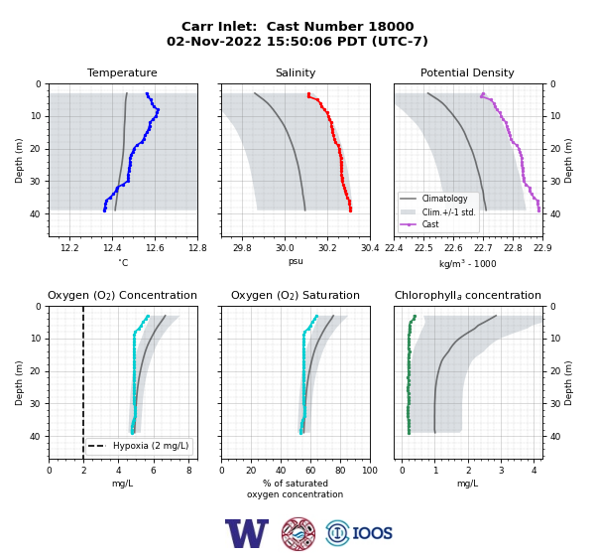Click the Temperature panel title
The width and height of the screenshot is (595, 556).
[122, 72]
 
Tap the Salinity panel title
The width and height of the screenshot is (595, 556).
[296, 72]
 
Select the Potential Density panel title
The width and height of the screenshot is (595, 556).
[467, 72]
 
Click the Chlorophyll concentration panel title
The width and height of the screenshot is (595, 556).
[468, 295]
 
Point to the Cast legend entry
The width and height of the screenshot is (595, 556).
[430, 224]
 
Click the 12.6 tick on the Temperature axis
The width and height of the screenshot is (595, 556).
[155, 248]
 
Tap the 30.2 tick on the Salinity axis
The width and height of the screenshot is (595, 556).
[327, 248]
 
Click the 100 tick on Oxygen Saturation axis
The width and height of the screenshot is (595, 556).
[370, 471]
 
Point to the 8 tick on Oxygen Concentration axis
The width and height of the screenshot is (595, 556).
[189, 471]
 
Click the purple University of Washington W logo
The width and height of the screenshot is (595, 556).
[247, 533]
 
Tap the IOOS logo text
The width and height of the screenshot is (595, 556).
[372, 533]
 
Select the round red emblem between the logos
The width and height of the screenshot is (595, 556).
[298, 533]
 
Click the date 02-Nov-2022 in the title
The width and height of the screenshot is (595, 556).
[214, 41]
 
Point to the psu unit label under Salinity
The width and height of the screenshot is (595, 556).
[296, 262]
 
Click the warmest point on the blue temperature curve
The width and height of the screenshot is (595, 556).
[158, 110]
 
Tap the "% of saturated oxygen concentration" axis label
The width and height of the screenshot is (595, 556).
[296, 488]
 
